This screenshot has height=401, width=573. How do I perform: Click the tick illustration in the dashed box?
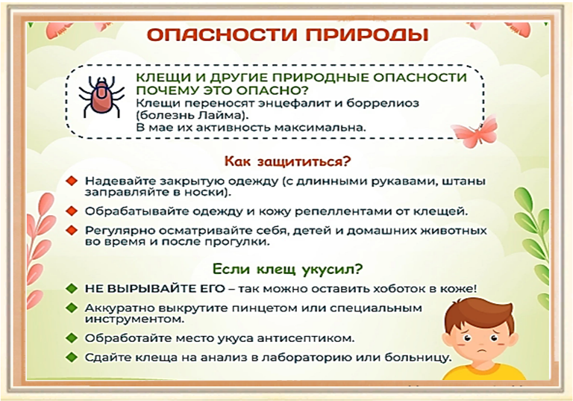(x=101, y=97)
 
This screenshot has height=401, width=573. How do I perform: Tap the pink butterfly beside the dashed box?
(x=475, y=131)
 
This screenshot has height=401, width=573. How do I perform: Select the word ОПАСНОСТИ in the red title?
(x=222, y=36)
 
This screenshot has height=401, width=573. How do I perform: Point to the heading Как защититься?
(x=287, y=161)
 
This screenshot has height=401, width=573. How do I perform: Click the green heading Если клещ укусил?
(x=287, y=270)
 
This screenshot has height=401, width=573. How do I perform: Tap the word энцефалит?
(x=296, y=103)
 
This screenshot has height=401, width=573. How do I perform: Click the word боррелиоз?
(x=383, y=103)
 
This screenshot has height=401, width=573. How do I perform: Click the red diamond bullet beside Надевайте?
(x=72, y=181)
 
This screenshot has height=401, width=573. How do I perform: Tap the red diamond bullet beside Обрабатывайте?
(x=72, y=211)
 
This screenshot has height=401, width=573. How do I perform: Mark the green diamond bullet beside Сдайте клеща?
(x=72, y=357)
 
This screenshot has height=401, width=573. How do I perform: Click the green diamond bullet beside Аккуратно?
(x=72, y=308)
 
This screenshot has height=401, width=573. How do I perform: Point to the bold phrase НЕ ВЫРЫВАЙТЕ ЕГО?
(x=154, y=289)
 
